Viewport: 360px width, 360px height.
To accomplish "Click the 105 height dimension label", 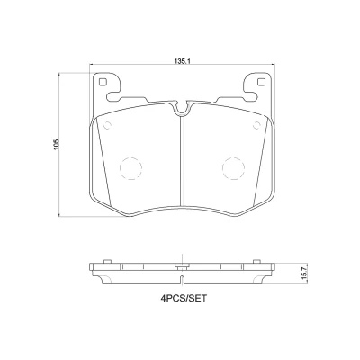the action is [x=58, y=145].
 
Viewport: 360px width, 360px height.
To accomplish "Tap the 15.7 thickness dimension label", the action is [x=305, y=274].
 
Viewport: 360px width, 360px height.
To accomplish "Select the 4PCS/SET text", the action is [x=184, y=299].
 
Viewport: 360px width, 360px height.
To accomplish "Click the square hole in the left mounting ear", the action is [x=103, y=82].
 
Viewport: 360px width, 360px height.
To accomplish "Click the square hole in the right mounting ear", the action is [x=261, y=82].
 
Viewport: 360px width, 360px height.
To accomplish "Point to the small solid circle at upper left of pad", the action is [x=107, y=125].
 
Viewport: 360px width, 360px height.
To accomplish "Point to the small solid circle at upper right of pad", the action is [x=256, y=125].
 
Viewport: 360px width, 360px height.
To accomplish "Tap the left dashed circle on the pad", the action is [x=130, y=168].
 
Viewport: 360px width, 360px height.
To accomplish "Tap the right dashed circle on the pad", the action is [x=233, y=168].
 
